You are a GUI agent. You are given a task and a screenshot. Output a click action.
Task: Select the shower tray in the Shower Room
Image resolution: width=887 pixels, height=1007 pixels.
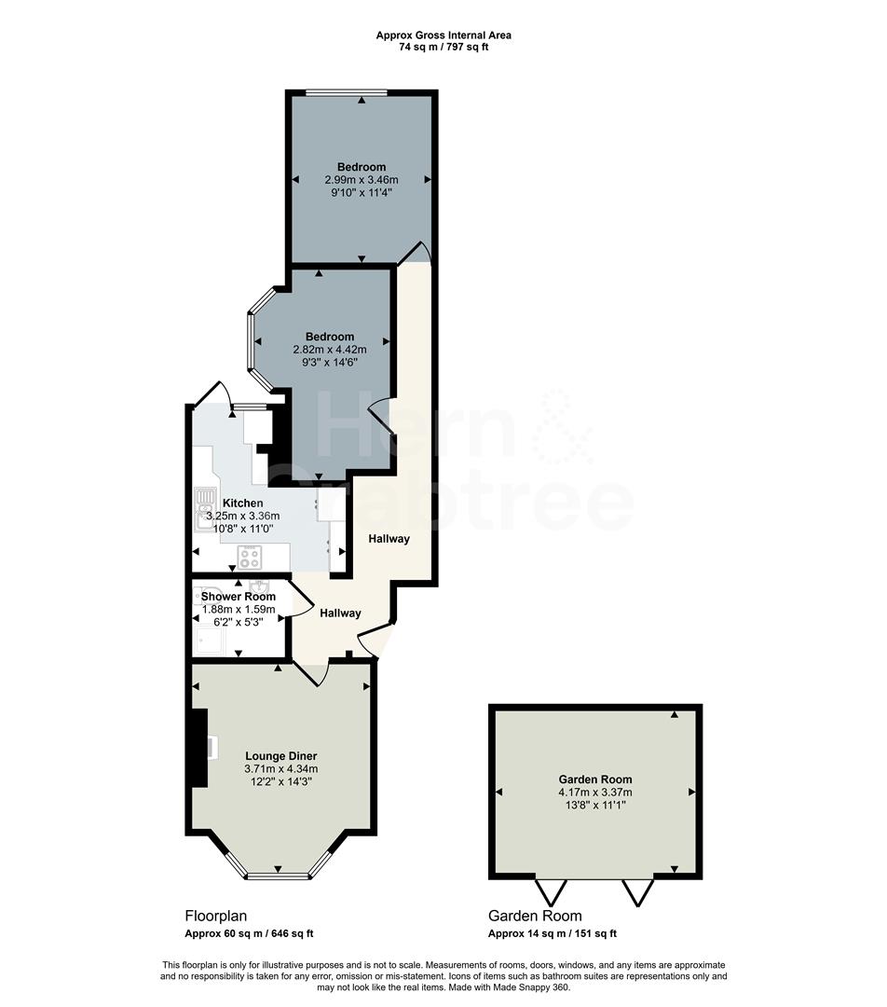[x=209, y=639]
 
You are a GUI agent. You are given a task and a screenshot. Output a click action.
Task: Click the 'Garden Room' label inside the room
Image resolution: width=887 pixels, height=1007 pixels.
[x=594, y=779]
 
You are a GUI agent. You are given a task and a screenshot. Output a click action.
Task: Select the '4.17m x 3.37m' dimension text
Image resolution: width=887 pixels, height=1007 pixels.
[x=594, y=793]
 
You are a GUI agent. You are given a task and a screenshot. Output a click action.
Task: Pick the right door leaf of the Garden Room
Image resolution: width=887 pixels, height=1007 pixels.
[x=639, y=891]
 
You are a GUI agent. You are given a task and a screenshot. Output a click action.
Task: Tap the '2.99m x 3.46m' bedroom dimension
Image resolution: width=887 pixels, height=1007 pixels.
[x=361, y=180]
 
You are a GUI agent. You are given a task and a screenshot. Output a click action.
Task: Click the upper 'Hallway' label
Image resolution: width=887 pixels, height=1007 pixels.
[x=389, y=539]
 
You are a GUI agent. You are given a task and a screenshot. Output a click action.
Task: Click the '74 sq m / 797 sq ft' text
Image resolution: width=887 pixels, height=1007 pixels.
[x=443, y=47]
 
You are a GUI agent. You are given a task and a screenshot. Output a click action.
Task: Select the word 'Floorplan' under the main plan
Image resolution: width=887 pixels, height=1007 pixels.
[x=215, y=916]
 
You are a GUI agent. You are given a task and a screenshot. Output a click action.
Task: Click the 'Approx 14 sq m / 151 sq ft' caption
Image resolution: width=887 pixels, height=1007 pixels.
[x=553, y=933]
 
